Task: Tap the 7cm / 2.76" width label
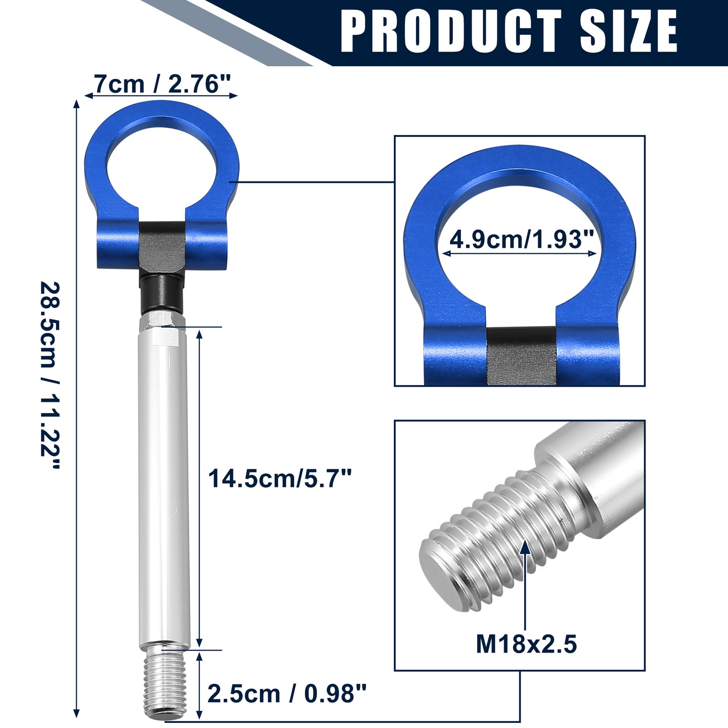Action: (162, 83)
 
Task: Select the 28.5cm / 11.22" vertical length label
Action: (50, 375)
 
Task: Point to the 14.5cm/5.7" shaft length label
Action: (280, 478)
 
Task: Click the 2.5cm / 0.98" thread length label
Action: (287, 694)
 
